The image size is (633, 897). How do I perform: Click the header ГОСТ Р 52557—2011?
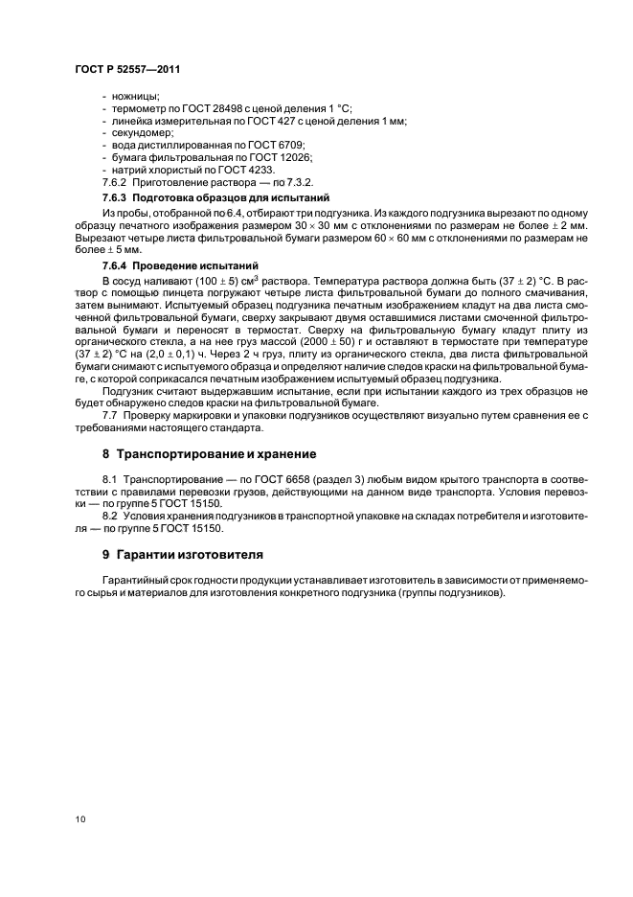[127, 70]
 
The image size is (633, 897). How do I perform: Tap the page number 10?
[79, 817]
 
